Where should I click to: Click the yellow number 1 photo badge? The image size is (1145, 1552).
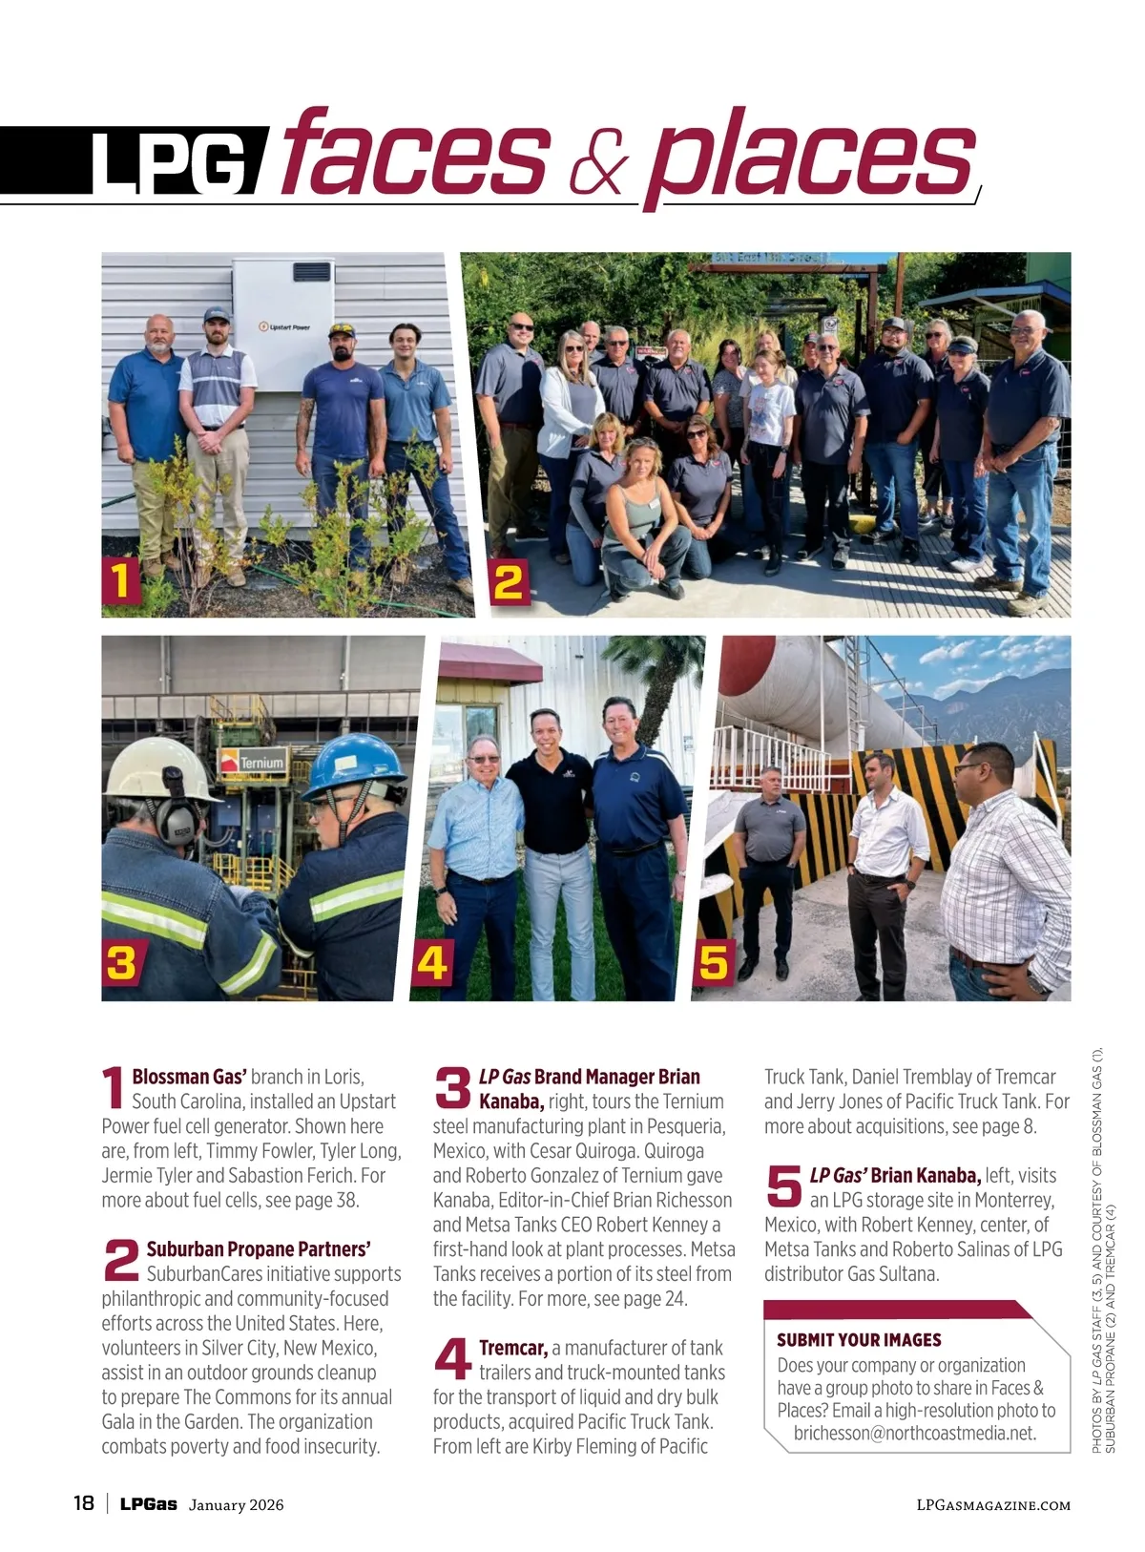click(x=121, y=581)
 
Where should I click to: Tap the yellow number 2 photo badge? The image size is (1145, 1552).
click(x=509, y=581)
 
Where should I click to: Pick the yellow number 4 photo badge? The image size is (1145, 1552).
click(x=432, y=962)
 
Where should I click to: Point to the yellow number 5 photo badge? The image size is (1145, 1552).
click(x=714, y=962)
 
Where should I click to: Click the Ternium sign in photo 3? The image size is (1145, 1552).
click(x=254, y=762)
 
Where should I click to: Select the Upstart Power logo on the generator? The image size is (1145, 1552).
click(x=284, y=327)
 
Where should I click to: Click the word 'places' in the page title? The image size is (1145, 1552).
click(x=811, y=155)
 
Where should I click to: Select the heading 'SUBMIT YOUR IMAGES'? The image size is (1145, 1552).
click(x=859, y=1340)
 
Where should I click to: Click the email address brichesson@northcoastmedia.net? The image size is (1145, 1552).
click(x=914, y=1433)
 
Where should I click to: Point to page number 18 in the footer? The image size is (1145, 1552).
click(x=84, y=1503)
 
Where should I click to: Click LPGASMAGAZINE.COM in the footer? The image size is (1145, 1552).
click(x=992, y=1505)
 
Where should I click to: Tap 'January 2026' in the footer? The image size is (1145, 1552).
click(x=236, y=1505)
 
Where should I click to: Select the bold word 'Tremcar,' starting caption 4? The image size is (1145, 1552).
click(x=513, y=1348)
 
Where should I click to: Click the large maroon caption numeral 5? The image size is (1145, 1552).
click(x=784, y=1186)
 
